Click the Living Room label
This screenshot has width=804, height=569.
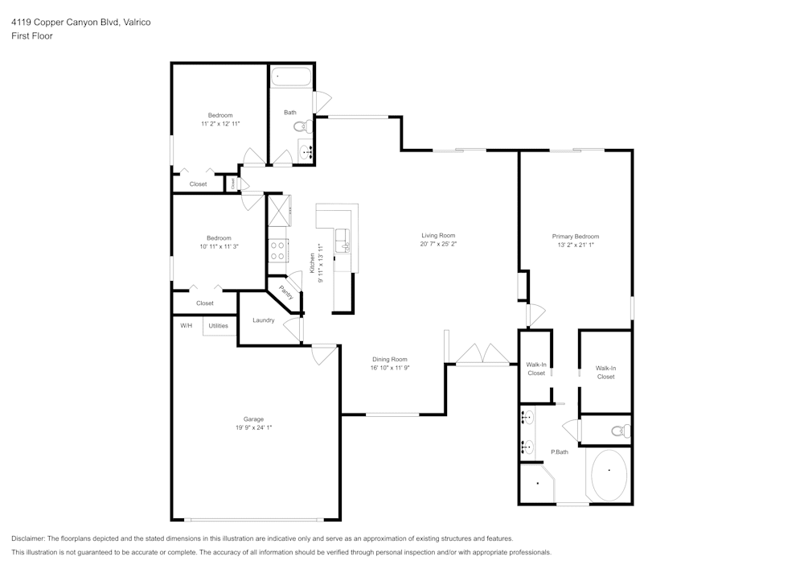coord(438,236)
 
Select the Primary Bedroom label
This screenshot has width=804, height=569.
coord(575,237)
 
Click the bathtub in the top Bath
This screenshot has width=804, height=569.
coord(291,78)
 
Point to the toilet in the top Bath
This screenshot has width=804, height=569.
coord(302,126)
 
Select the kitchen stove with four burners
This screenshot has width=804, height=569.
coord(278,251)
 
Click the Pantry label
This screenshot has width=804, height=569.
coord(285,292)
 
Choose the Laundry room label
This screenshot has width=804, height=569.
coord(263,320)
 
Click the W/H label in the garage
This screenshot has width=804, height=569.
coord(186,326)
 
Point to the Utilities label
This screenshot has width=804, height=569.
coord(218,326)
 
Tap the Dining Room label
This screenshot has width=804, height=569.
coord(389,360)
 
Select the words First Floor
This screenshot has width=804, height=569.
coord(32,36)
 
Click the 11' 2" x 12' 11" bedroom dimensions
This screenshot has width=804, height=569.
coord(220,124)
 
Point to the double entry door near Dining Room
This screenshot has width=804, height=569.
coord(482,356)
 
